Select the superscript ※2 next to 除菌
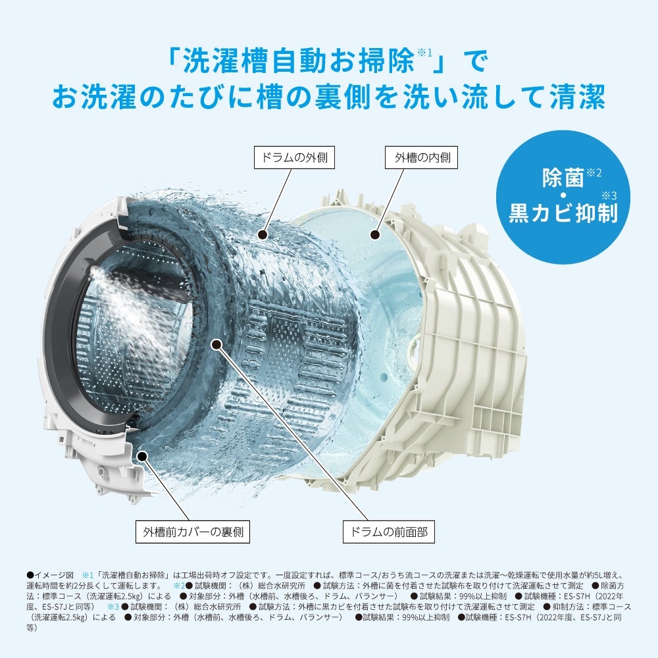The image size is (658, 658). [594, 172]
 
